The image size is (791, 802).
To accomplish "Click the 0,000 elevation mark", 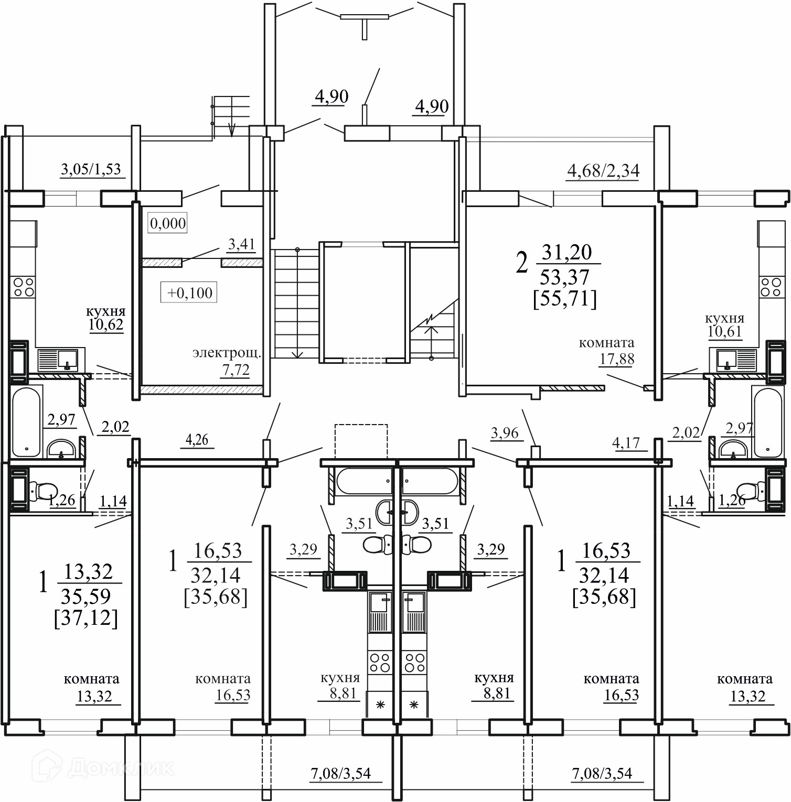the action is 168,223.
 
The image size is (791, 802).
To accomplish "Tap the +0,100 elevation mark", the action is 189,292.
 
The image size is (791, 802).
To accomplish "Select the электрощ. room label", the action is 227,353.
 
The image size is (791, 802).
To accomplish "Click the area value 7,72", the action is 236,370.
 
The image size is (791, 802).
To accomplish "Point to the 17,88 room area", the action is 617,360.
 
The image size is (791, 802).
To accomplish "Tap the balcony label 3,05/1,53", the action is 91,169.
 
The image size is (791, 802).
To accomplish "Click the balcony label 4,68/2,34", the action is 603,171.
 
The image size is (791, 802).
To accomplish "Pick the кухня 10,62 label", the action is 106,318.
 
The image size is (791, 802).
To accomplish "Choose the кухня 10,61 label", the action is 724,326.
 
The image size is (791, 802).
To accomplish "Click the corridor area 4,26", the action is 197,440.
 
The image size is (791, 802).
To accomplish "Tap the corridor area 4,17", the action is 626,443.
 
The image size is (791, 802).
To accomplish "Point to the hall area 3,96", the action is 504,433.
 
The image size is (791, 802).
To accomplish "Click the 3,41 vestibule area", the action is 241,244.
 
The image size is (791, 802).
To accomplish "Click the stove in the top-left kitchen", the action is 24,287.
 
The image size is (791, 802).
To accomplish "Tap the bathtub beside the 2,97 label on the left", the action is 26,422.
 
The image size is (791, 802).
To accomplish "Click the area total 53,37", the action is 564,277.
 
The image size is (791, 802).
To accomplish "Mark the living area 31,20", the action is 566,253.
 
